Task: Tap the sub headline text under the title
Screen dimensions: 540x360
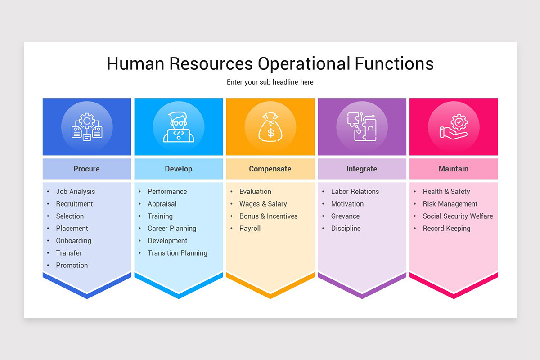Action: [270, 82]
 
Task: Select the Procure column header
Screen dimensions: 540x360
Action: [86, 169]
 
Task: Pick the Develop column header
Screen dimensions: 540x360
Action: [178, 169]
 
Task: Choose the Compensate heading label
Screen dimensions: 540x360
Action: [270, 169]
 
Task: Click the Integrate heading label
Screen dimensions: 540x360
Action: [362, 169]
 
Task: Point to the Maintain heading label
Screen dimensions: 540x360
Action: [454, 169]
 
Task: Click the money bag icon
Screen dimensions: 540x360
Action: [270, 127]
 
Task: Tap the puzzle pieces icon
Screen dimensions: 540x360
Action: [362, 127]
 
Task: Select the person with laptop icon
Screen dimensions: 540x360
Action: [179, 127]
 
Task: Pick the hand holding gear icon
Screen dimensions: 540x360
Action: [454, 127]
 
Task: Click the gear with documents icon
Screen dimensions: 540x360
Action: [87, 127]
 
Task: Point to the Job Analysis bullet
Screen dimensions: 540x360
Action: [76, 192]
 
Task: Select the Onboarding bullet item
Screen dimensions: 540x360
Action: [73, 241]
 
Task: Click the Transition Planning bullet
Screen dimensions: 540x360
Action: [177, 253]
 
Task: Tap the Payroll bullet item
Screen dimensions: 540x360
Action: [250, 228]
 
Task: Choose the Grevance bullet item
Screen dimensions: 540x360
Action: [345, 216]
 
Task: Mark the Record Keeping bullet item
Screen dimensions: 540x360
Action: [446, 228]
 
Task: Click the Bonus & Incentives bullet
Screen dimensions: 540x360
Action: [268, 216]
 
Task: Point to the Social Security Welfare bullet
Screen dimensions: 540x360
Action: [458, 216]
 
